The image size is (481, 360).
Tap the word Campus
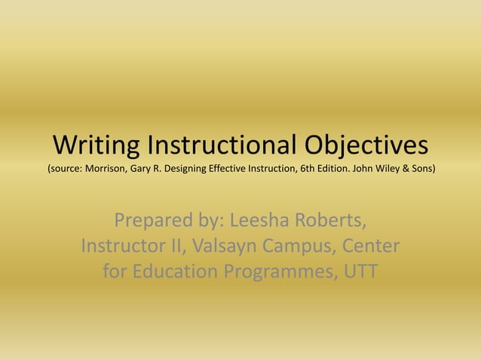pyautogui.click(x=298, y=247)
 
